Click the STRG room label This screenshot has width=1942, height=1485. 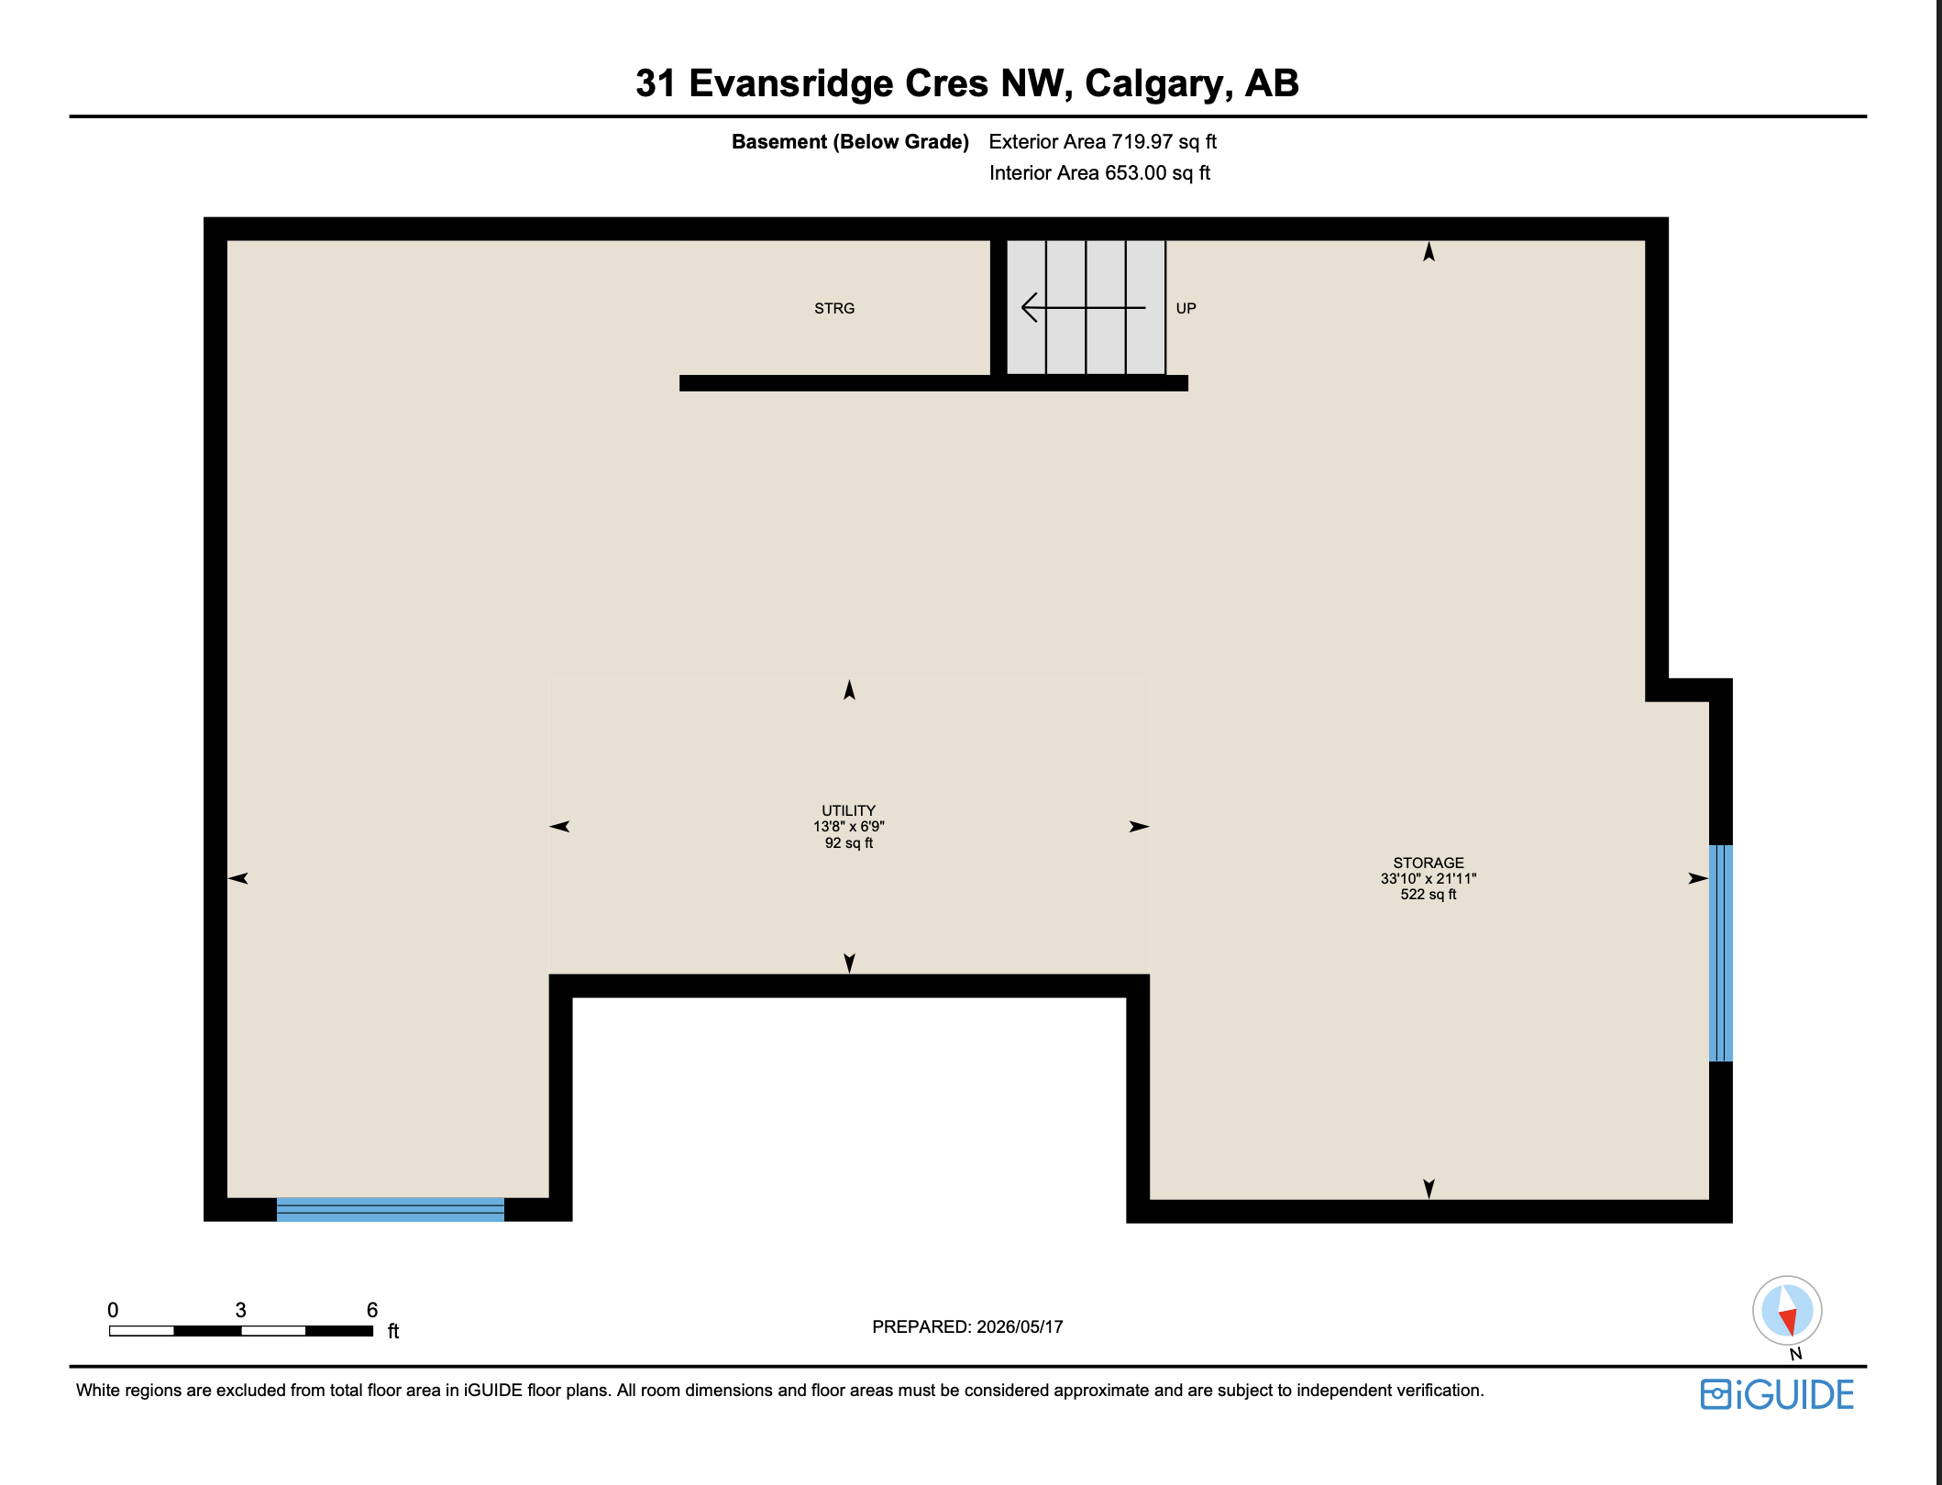click(834, 309)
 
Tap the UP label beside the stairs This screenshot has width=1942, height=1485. click(1186, 309)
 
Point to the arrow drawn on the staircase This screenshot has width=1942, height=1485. click(1084, 307)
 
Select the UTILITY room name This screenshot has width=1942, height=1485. click(849, 810)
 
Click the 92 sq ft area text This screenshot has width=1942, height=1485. click(849, 843)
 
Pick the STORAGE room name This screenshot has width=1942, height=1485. click(1429, 863)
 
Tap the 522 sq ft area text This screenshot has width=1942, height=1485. click(1429, 895)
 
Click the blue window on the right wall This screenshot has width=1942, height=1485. click(1721, 953)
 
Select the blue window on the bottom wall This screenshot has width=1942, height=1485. click(391, 1210)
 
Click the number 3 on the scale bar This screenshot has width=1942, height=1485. click(241, 1310)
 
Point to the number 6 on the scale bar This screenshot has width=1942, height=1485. click(372, 1310)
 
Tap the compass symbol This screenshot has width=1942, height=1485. click(1787, 1312)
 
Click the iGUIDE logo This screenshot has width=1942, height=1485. click(1777, 1394)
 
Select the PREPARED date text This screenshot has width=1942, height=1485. click(967, 1326)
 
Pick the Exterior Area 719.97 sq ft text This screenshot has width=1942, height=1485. click(1103, 142)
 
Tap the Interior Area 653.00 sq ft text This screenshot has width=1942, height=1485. click(1099, 173)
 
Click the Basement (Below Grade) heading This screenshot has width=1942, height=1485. click(850, 142)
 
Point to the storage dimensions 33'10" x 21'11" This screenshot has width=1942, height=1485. click(1429, 878)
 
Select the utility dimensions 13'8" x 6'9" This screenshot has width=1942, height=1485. click(849, 827)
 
